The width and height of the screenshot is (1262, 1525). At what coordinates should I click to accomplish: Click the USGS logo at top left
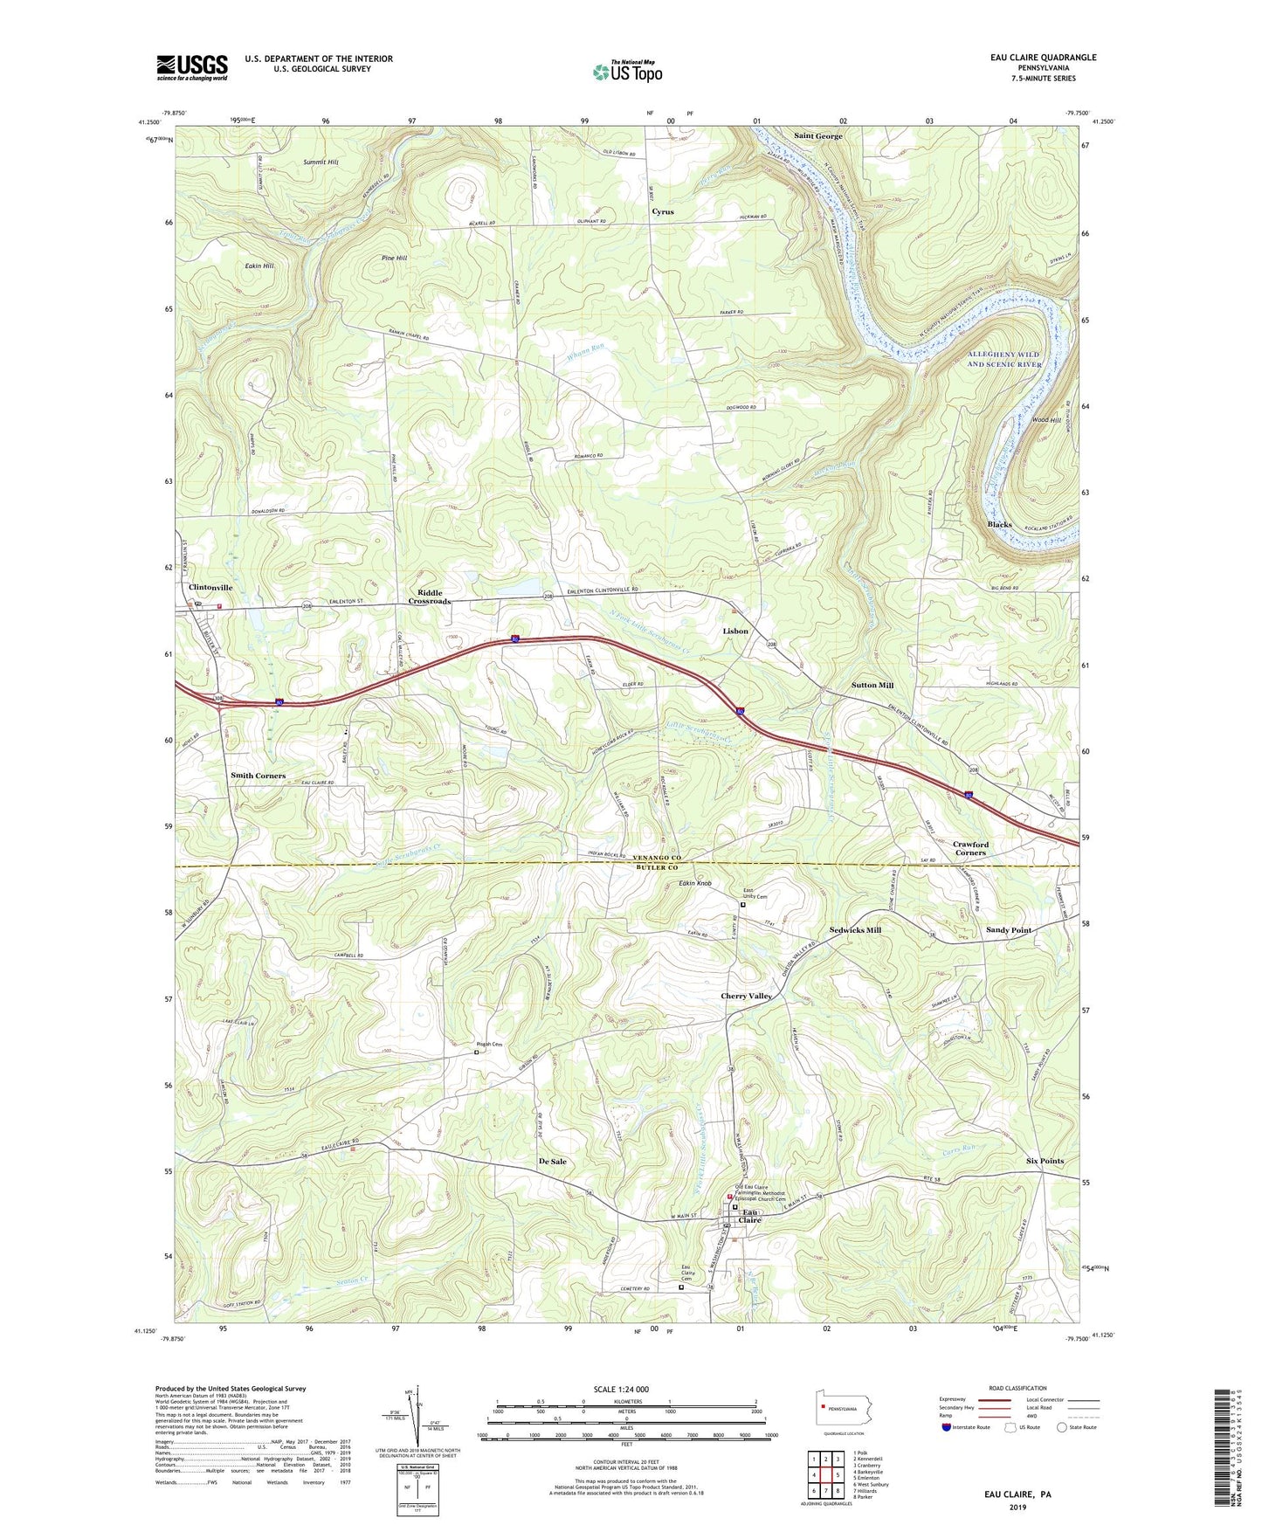click(x=192, y=67)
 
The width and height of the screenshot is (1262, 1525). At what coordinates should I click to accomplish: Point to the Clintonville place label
click(x=210, y=588)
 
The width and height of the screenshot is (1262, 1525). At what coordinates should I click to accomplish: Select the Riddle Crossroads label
click(x=430, y=597)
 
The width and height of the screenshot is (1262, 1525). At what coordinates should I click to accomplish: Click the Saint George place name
click(x=818, y=136)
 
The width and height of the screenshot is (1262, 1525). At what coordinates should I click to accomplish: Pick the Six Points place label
click(x=1045, y=1161)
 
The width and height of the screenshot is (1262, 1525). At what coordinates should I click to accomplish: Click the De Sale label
click(x=552, y=1162)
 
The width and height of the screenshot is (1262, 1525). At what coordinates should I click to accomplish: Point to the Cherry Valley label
click(x=746, y=996)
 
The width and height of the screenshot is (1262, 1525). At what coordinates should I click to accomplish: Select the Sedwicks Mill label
click(x=855, y=930)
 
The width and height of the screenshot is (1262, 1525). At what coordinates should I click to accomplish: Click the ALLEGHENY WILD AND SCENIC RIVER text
click(x=1004, y=359)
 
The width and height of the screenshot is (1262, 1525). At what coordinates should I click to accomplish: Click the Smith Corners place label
click(x=258, y=776)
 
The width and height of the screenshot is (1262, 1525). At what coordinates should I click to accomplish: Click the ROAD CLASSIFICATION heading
click(x=1020, y=1388)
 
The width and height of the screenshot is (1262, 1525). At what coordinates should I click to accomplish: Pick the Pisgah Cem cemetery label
click(x=489, y=1045)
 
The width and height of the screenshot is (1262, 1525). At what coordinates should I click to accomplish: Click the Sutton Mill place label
click(x=872, y=686)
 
